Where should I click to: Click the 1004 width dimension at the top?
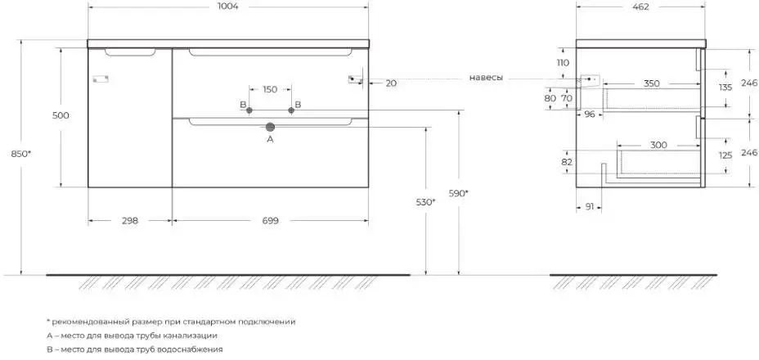227,7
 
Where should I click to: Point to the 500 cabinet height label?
60,115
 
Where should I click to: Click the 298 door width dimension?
129,220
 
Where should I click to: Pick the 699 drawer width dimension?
271,220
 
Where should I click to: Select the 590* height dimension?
458,193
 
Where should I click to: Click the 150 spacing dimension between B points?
270,89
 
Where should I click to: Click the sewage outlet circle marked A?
271,127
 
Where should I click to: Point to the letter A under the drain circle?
271,140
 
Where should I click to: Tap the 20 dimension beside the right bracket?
391,83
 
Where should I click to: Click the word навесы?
486,78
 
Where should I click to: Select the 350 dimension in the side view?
651,83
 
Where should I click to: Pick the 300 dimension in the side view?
659,145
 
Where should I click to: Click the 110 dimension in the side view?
563,63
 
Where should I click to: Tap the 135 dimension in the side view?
725,87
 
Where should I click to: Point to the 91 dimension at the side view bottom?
590,207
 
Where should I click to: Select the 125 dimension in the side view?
725,155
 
